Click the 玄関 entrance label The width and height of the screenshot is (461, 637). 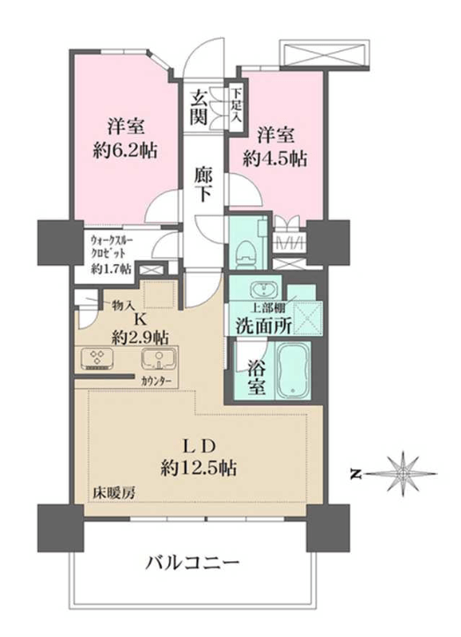[x=200, y=108]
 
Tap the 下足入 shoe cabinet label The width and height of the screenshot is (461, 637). [x=237, y=106]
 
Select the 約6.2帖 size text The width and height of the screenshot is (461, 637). [x=126, y=151]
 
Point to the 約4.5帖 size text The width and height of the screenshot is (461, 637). [x=275, y=159]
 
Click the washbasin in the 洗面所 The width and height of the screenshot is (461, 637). [x=263, y=290]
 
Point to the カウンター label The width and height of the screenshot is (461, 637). [x=157, y=382]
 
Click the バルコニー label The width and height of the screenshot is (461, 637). [x=193, y=563]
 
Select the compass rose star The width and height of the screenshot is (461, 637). [x=403, y=473]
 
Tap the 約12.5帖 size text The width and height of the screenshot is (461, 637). [x=199, y=470]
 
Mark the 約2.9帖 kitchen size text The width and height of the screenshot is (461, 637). [x=140, y=337]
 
